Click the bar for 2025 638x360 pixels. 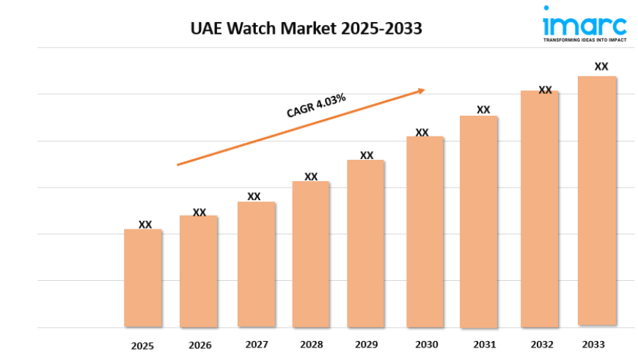coord(143,278)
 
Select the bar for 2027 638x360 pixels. coord(256,264)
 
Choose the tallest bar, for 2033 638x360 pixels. coord(597,201)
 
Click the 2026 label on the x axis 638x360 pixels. coord(199,345)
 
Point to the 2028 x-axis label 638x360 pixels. coord(311,345)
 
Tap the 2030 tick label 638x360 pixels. coord(426,345)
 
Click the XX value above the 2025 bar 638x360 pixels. coord(145,224)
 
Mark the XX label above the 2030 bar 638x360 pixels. coord(422,133)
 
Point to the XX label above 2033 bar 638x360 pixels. coord(601,66)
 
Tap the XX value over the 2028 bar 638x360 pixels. coord(311,177)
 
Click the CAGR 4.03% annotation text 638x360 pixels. coord(316,106)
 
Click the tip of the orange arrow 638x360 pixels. coord(425,90)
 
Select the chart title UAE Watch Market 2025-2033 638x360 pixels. coord(306,29)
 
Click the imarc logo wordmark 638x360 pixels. coord(584,25)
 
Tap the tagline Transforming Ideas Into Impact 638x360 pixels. coord(584,41)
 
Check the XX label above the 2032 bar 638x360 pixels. coord(545,90)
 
